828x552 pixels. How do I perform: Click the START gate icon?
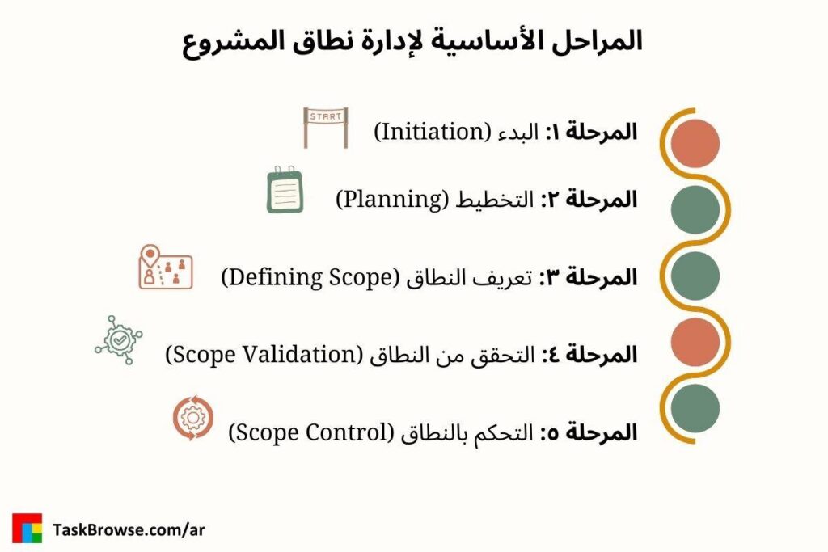[326, 128]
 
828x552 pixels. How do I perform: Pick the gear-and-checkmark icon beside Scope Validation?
[119, 339]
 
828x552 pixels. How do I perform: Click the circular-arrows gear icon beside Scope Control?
[193, 419]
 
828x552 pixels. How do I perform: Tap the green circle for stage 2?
[695, 210]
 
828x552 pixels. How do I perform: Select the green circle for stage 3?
[695, 276]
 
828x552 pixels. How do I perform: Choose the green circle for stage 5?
[695, 408]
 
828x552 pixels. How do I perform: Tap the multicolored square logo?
[27, 528]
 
